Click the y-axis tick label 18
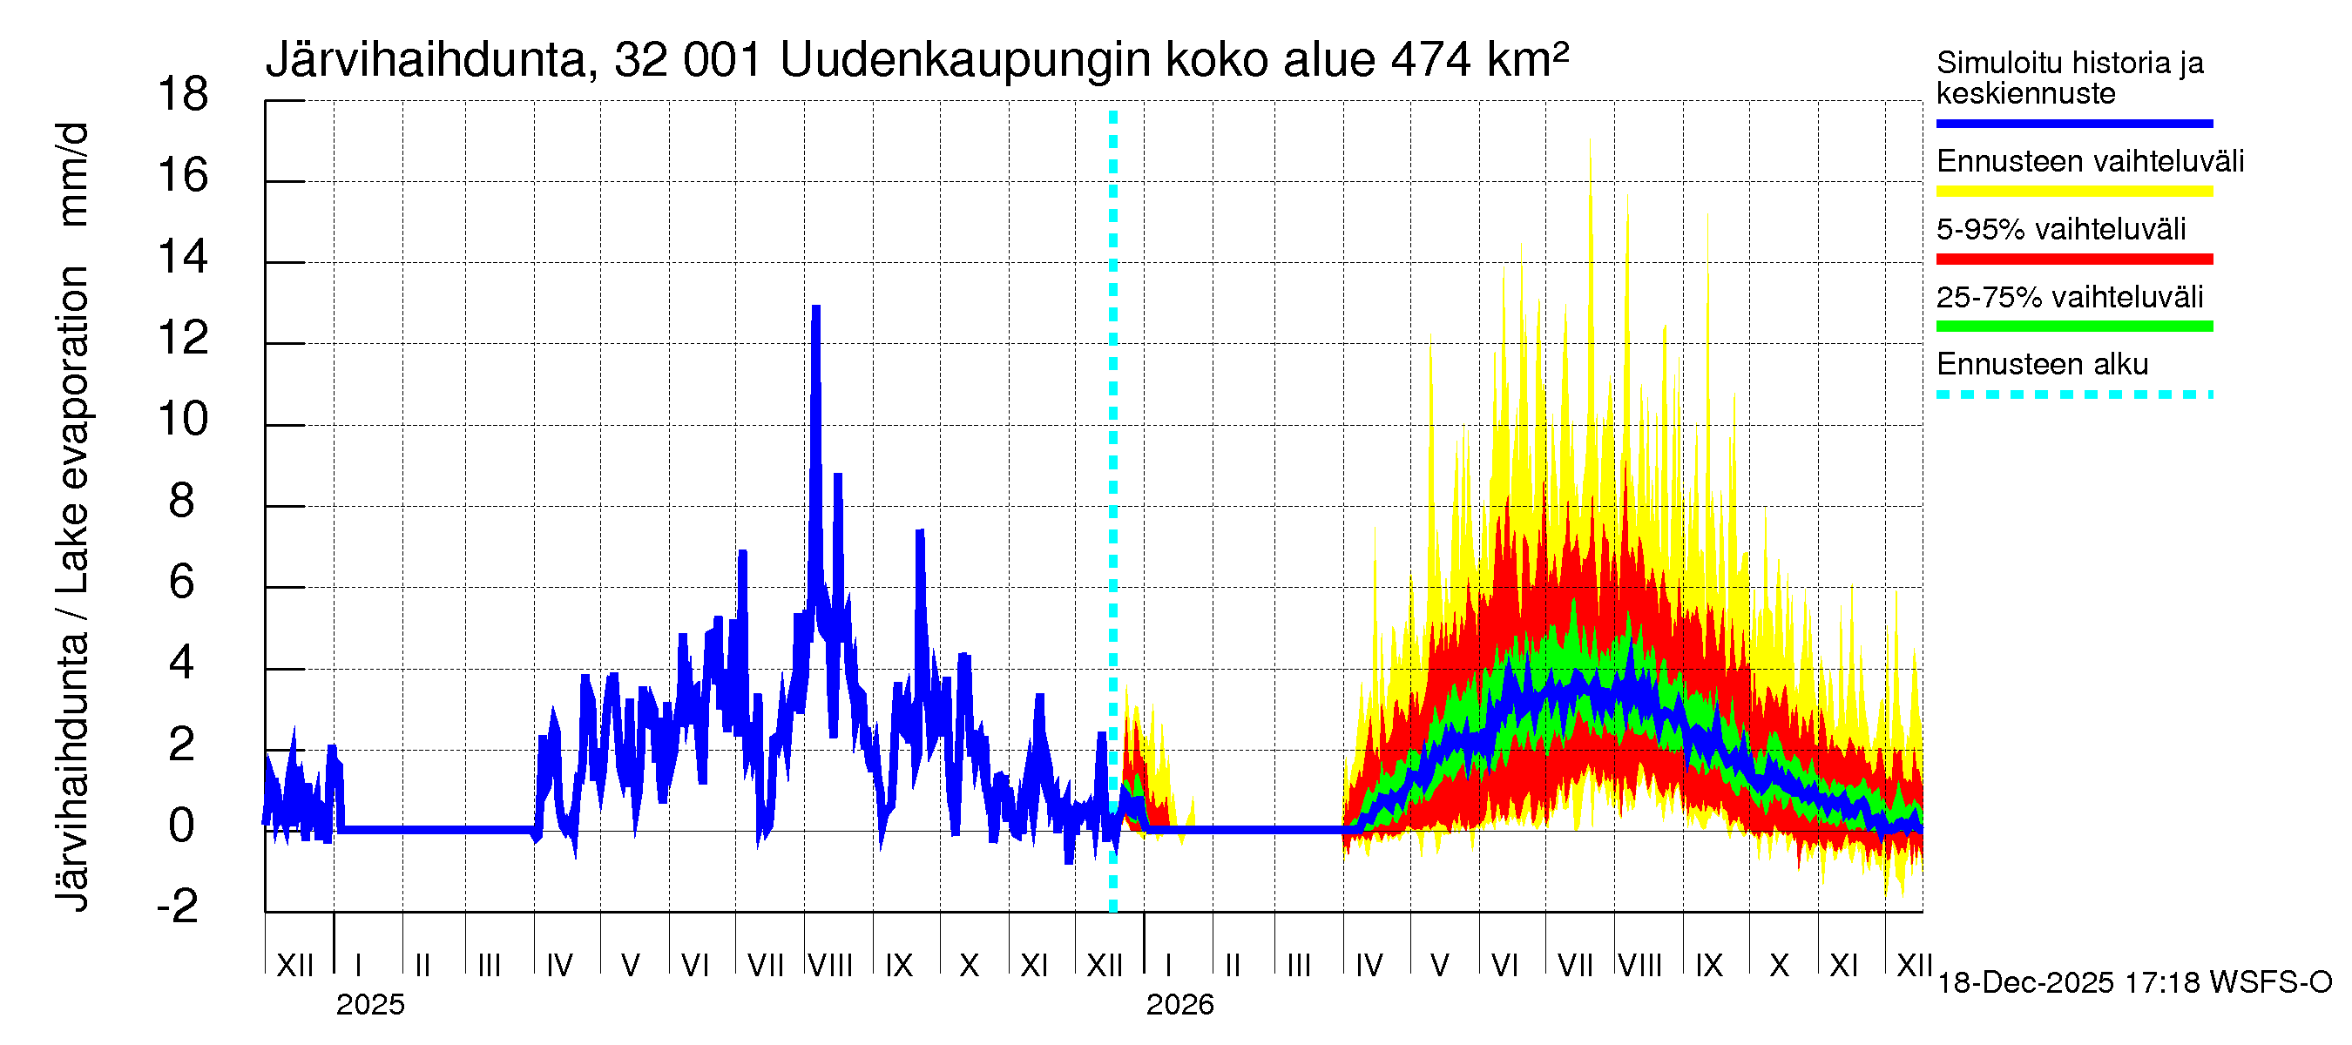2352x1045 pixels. pos(183,95)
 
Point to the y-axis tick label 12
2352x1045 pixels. pos(183,339)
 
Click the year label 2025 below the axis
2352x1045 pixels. pos(369,1005)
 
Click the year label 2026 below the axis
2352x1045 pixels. pos(1179,1005)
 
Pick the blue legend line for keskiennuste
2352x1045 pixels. pos(2073,123)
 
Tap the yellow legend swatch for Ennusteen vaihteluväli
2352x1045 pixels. pos(2073,192)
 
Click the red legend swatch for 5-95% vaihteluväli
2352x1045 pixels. pos(2073,260)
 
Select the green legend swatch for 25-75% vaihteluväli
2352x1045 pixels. pos(2073,327)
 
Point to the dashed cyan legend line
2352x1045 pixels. pos(2073,395)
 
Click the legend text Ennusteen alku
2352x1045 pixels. pos(2042,365)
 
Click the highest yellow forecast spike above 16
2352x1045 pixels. pos(1590,142)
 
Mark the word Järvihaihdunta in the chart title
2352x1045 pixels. pos(426,60)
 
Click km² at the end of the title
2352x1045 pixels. pos(1526,60)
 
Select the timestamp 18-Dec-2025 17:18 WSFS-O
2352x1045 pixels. pos(2133,983)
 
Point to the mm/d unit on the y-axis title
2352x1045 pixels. pos(73,173)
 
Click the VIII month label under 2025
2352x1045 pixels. pos(831,966)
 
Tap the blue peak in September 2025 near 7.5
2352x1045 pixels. pos(919,533)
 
